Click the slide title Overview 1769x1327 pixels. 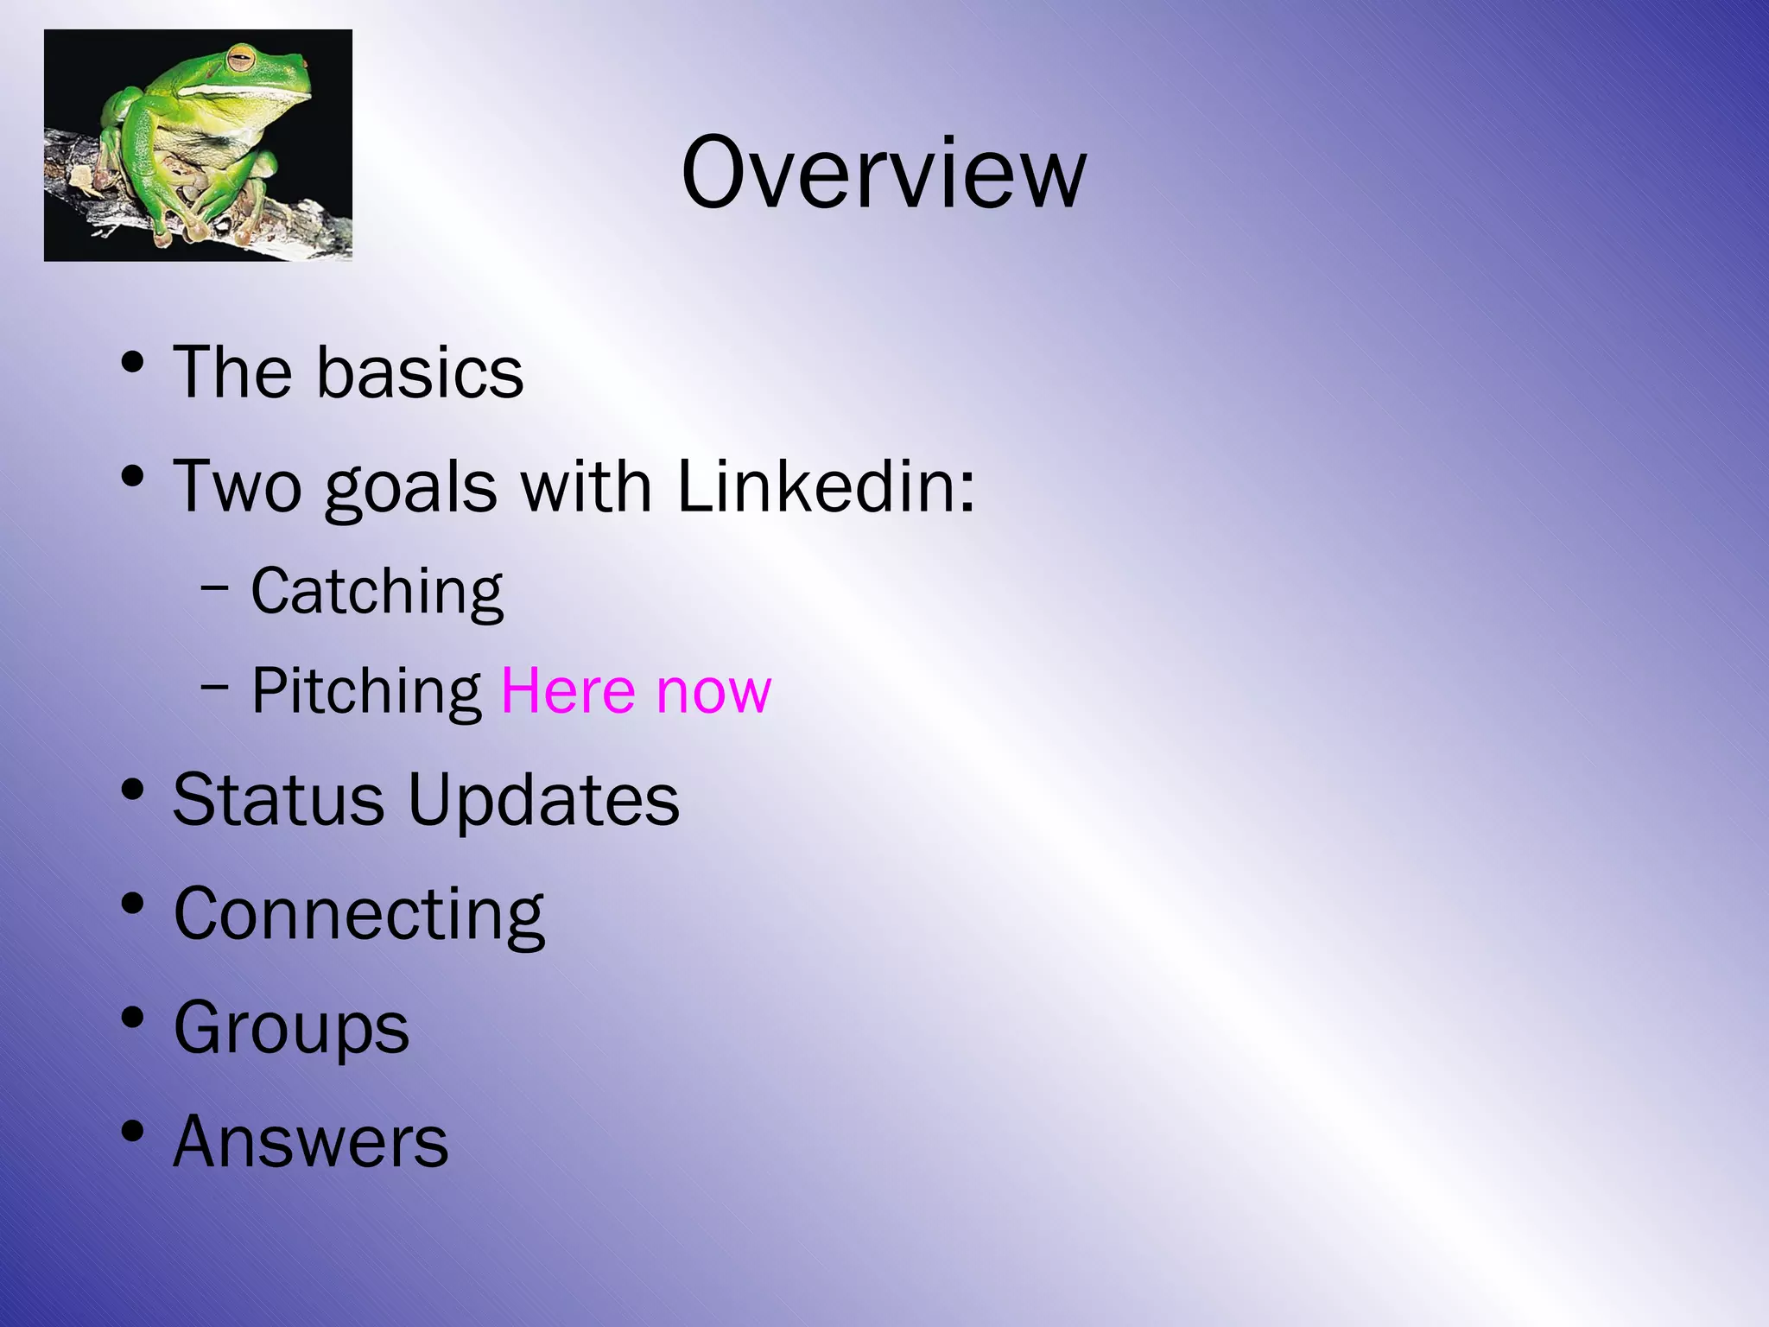click(x=883, y=173)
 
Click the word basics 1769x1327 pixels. click(x=420, y=373)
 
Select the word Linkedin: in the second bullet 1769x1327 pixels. click(x=826, y=486)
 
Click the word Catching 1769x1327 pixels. click(x=377, y=593)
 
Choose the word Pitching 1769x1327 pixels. click(x=366, y=692)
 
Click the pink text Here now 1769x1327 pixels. click(x=636, y=691)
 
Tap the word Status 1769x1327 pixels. click(x=278, y=800)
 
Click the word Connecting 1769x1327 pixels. click(x=358, y=916)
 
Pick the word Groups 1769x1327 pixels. click(x=291, y=1029)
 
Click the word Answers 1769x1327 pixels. click(x=311, y=1142)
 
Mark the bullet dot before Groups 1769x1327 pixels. click(x=132, y=1018)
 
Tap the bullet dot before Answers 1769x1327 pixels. click(x=132, y=1131)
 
